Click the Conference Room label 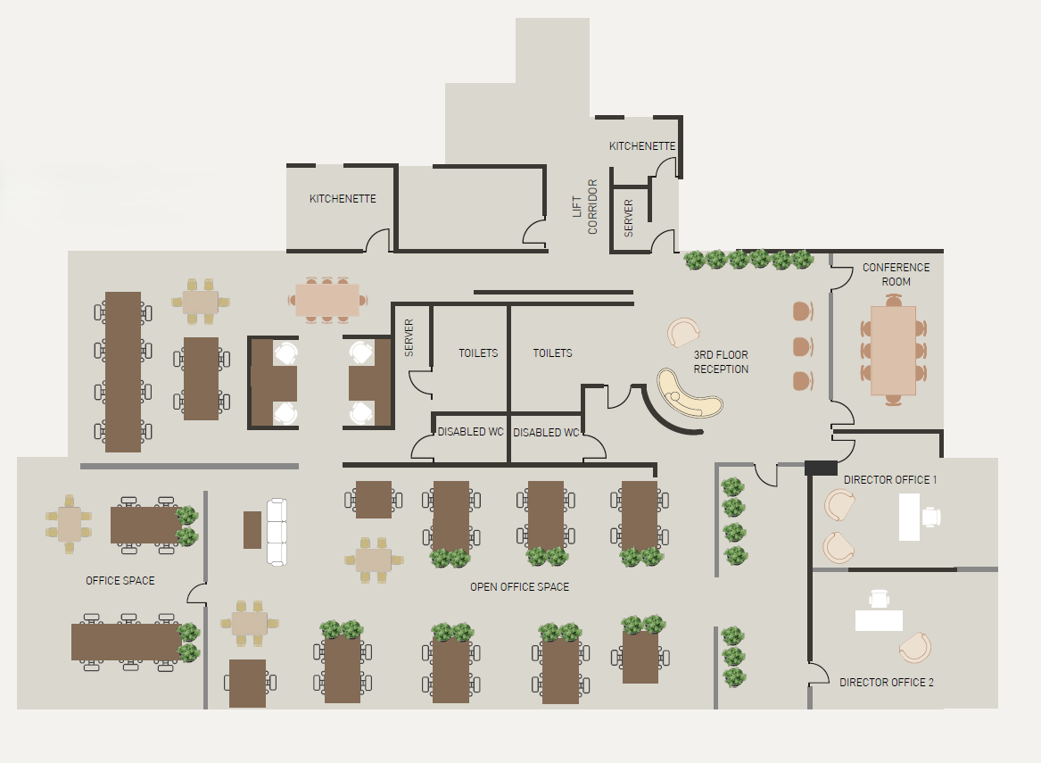coord(896,274)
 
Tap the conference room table coord(893,351)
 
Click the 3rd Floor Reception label coord(721,362)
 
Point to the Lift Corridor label coord(584,206)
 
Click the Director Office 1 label coord(889,479)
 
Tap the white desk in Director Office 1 coord(909,517)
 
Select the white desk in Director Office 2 coord(879,620)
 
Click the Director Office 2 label coord(887,682)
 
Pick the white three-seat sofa coord(277,532)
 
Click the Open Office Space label coord(519,586)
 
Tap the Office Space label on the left coord(120,580)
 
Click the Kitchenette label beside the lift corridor coord(642,145)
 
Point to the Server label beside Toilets coord(409,337)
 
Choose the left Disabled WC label coord(470,432)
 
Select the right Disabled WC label coord(546,432)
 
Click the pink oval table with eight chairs coord(327,300)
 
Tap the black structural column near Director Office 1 coord(821,468)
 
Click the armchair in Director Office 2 coord(915,648)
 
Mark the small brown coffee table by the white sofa coord(252,530)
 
